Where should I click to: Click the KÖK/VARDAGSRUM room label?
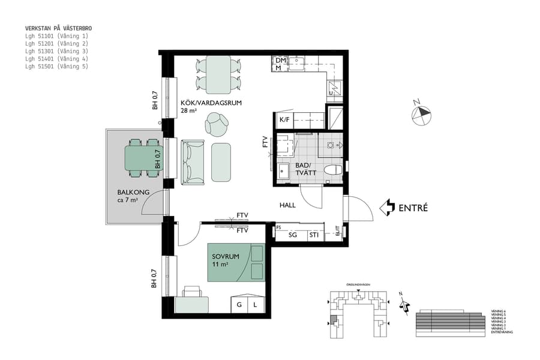click(211, 103)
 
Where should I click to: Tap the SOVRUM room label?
click(225, 256)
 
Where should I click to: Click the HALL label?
click(287, 205)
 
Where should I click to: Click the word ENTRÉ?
click(413, 208)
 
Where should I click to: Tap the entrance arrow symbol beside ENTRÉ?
click(388, 208)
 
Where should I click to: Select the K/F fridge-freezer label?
click(284, 120)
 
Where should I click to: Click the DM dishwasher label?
click(280, 61)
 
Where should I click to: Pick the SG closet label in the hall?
click(293, 235)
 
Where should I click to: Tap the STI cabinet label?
click(314, 235)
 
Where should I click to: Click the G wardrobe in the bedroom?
click(239, 305)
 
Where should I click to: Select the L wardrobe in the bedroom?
click(255, 305)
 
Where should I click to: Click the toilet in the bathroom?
click(332, 170)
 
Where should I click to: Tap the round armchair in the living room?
click(216, 125)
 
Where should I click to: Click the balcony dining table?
click(143, 158)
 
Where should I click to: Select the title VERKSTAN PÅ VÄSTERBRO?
click(58, 28)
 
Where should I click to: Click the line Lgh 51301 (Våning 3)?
click(56, 52)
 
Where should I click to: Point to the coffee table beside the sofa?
click(221, 162)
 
